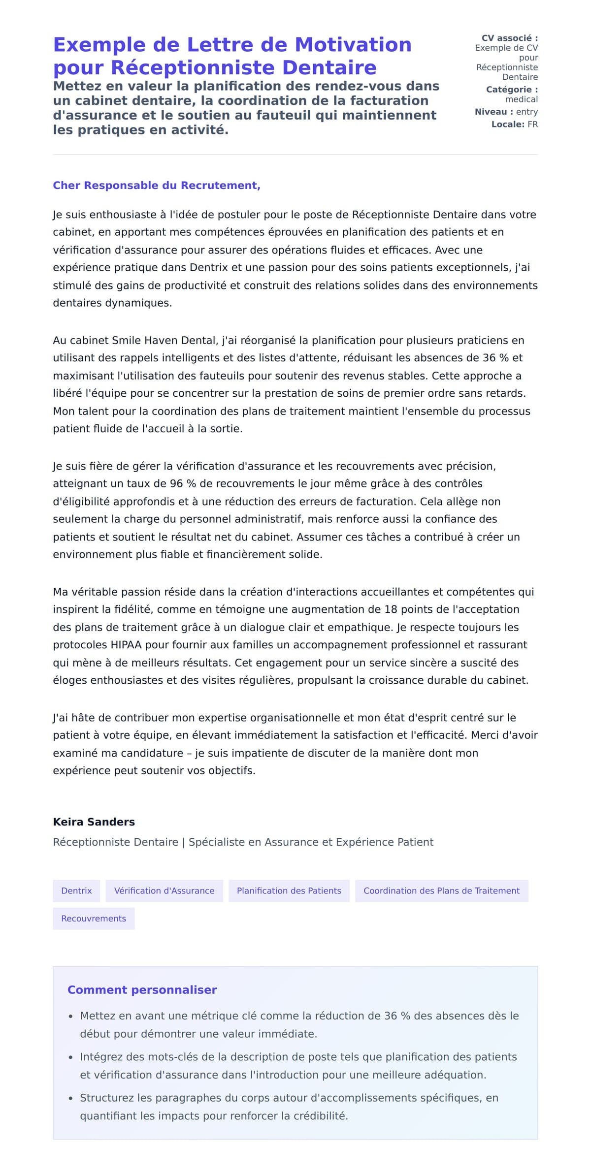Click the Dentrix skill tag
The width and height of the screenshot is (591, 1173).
(x=76, y=890)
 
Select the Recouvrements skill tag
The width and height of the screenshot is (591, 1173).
(x=94, y=919)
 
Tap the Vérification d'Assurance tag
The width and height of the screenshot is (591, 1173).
(x=164, y=890)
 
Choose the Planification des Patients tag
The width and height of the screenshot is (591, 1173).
(x=289, y=890)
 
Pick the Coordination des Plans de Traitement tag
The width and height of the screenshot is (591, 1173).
(x=441, y=890)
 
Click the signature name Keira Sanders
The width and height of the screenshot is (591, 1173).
(x=94, y=822)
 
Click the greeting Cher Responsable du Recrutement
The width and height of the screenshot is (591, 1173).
(x=157, y=186)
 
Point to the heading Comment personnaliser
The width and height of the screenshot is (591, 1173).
(x=142, y=990)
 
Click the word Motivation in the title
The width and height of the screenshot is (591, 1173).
(x=353, y=45)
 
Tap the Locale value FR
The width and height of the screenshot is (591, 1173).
(x=532, y=125)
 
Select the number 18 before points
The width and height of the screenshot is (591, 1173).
(x=391, y=609)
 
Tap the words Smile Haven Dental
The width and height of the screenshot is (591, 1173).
(x=164, y=340)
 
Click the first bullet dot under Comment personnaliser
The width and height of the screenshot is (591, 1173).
(x=71, y=1016)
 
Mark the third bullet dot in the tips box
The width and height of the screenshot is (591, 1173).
(x=71, y=1098)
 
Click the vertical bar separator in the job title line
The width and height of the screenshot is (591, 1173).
(x=183, y=842)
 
